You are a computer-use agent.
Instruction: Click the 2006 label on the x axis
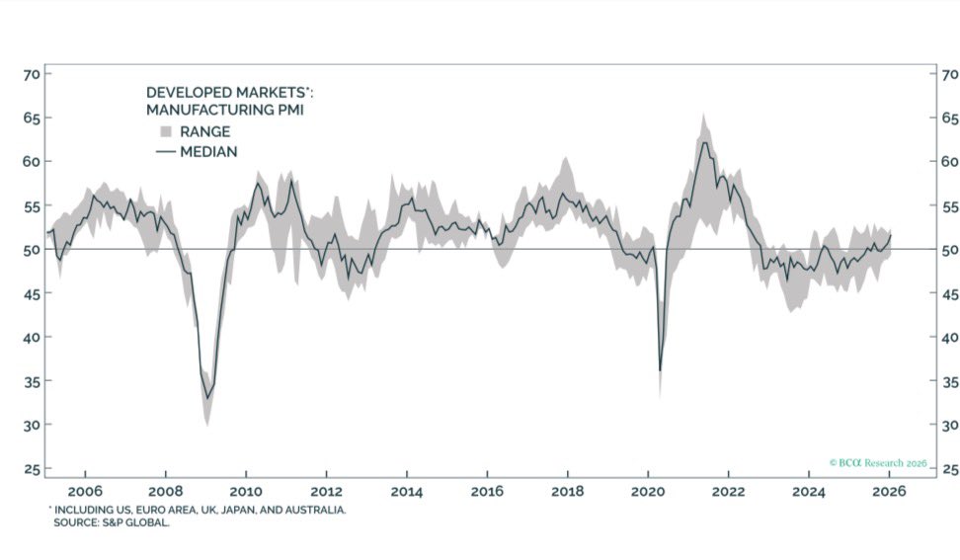click(x=85, y=491)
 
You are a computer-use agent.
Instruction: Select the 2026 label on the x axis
click(x=890, y=491)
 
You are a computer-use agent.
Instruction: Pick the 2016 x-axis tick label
click(x=487, y=491)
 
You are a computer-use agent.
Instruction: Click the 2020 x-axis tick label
click(x=648, y=491)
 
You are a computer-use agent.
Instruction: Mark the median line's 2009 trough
click(x=207, y=398)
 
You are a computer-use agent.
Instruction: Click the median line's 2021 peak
click(x=704, y=142)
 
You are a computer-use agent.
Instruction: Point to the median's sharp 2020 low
click(x=660, y=370)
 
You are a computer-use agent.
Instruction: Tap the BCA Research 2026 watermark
click(x=877, y=461)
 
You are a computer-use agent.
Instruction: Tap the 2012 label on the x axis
click(x=326, y=491)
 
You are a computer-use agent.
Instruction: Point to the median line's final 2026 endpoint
click(x=891, y=234)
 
